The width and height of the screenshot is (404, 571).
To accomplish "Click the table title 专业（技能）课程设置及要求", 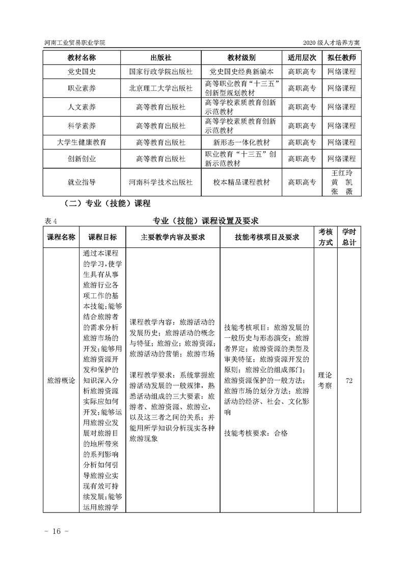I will tap(206, 220).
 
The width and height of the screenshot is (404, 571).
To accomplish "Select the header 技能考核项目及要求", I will tap(266, 237).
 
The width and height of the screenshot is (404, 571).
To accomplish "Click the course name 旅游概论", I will tap(61, 380).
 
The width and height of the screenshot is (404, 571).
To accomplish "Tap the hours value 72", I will tap(349, 380).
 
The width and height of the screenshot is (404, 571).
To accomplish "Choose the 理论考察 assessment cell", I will tap(325, 380).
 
